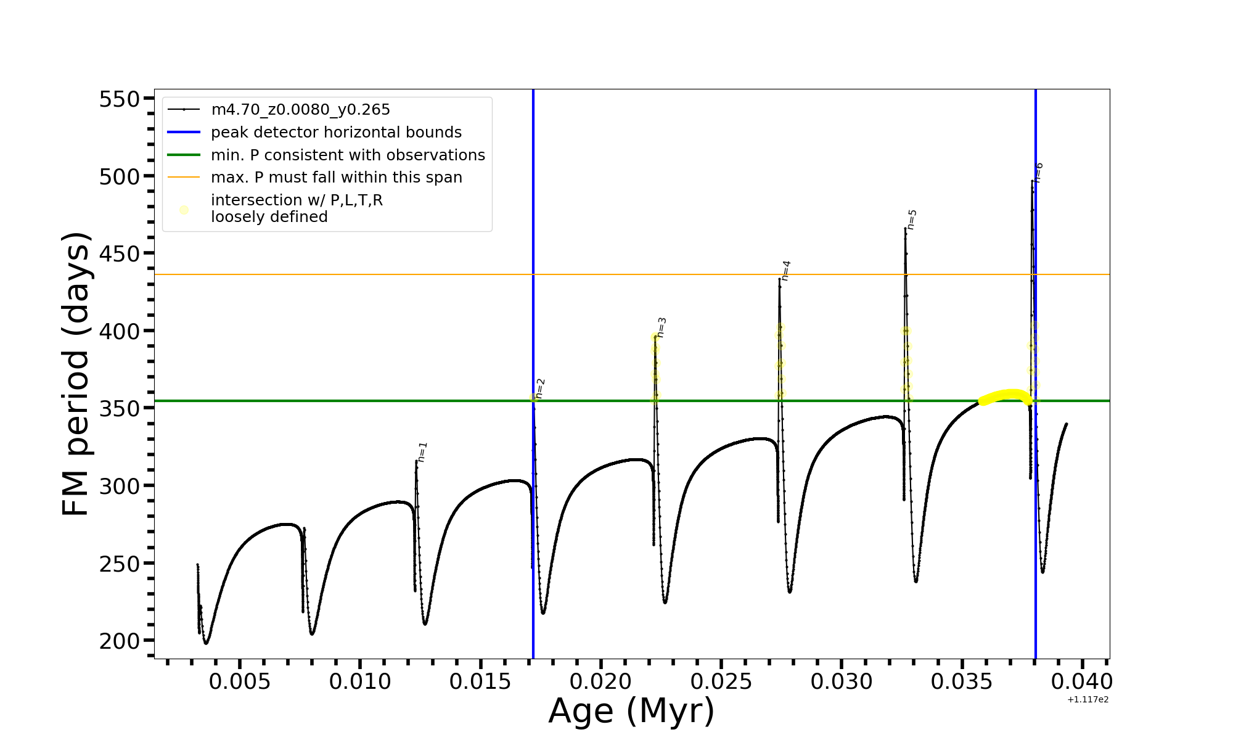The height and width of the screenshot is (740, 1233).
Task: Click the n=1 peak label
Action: tap(422, 452)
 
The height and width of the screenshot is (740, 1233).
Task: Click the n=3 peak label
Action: tap(662, 327)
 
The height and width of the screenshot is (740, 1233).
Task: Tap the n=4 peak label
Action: tap(786, 271)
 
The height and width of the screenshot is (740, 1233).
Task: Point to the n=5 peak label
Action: tap(912, 220)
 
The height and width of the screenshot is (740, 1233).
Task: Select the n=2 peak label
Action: tap(540, 388)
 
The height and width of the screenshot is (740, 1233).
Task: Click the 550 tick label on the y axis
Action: tap(121, 99)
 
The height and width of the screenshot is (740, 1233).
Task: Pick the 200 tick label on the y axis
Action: tap(121, 641)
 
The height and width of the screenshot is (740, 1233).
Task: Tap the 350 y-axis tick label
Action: tap(121, 409)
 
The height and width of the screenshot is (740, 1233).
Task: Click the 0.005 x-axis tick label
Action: tap(239, 682)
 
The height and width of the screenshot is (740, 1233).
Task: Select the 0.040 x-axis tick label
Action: tap(1082, 682)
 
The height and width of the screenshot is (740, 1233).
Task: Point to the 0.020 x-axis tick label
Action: tap(600, 682)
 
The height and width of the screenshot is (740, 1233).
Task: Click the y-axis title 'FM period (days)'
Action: tap(76, 374)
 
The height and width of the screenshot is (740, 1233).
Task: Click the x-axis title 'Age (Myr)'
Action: tap(631, 711)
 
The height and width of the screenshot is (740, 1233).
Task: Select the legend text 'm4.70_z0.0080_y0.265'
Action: tap(300, 110)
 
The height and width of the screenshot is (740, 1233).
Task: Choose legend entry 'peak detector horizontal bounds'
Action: tap(336, 133)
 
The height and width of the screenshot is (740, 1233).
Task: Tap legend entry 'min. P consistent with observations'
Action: tap(348, 155)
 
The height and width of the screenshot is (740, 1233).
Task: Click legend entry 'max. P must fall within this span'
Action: tap(336, 178)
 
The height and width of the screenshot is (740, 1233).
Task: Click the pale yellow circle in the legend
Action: tap(184, 210)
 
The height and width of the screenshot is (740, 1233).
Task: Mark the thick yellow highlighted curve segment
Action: tap(1005, 395)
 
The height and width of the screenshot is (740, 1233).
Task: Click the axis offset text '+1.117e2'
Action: tap(1088, 700)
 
